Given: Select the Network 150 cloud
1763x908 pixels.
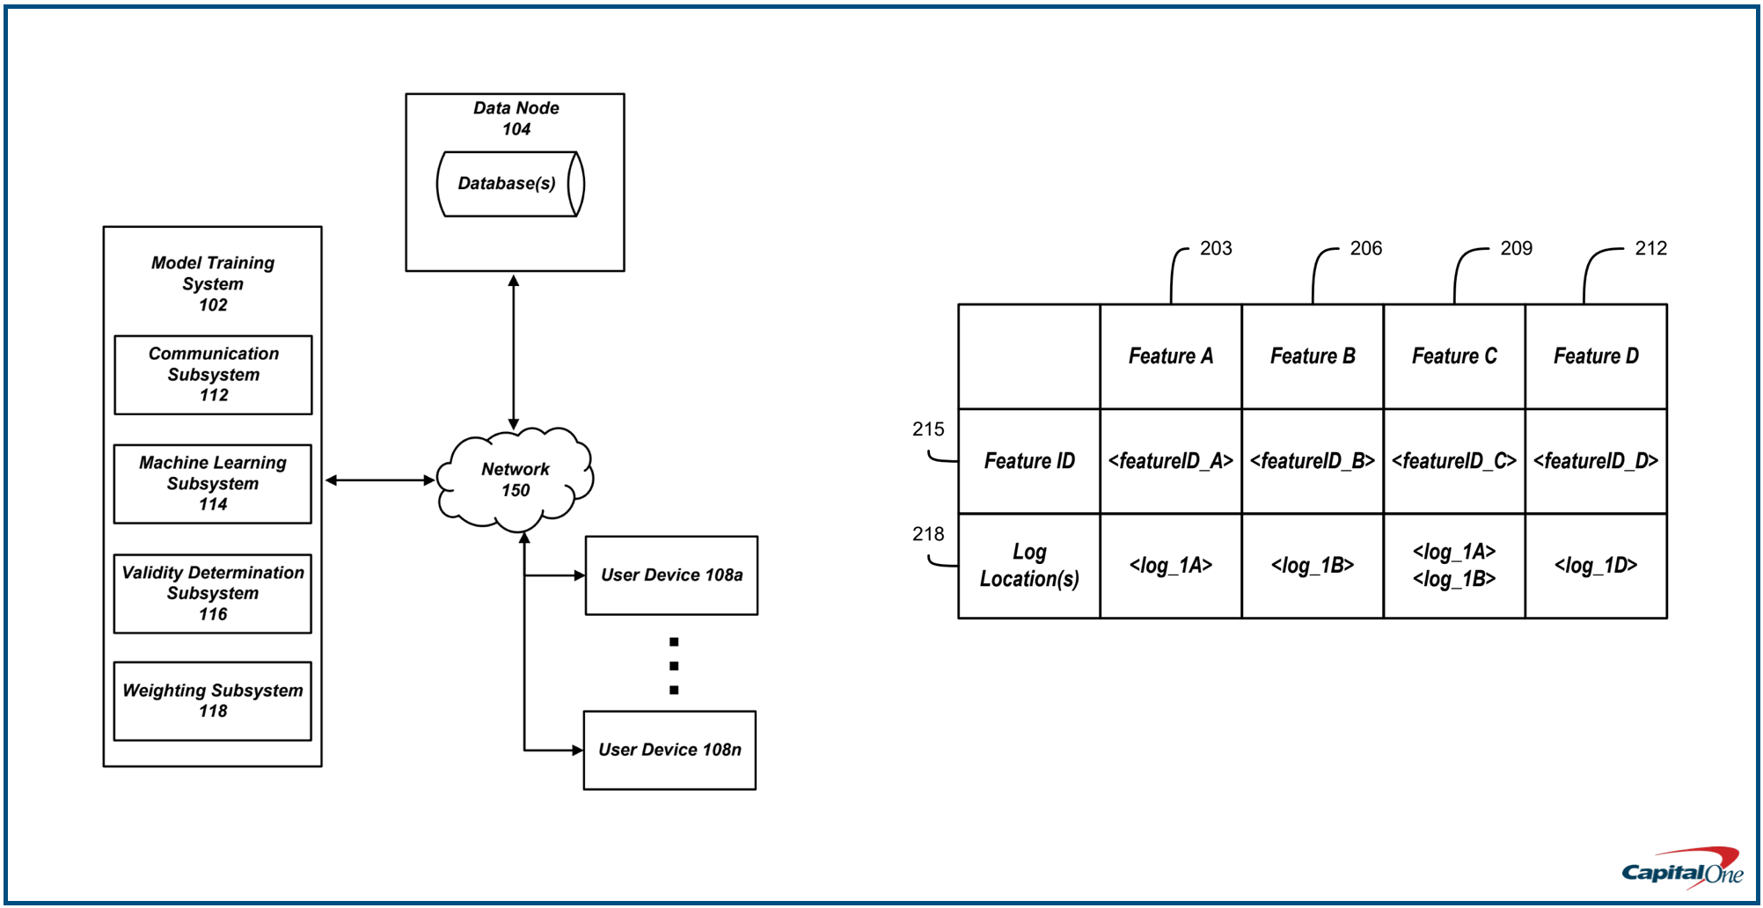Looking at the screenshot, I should [x=516, y=480].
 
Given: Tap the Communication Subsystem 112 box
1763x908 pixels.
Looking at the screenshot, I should [x=213, y=375].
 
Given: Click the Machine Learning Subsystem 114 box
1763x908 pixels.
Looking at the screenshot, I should [x=213, y=484].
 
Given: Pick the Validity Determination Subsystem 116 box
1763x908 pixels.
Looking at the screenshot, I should [x=213, y=594].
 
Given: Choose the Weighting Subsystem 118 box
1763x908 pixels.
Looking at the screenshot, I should [x=213, y=701].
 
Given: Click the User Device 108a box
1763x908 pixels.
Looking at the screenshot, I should [x=671, y=575].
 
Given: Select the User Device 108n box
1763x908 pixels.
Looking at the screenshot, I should [x=669, y=751].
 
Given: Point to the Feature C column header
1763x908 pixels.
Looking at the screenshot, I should [x=1453, y=356].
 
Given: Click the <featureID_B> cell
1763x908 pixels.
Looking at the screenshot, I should [x=1312, y=461].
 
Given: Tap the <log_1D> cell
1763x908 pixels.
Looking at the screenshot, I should [x=1595, y=566].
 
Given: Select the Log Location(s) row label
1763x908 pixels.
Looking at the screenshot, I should [x=1028, y=566].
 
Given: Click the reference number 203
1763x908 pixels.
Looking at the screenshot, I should [x=1216, y=249].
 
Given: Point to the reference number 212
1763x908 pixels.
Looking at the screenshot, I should [x=1650, y=249].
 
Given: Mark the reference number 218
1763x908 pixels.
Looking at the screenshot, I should [x=928, y=534].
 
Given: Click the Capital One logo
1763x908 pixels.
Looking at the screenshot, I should [x=1682, y=869].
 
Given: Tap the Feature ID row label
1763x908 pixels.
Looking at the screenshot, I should [x=1028, y=461].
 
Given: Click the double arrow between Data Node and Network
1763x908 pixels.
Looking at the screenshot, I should [x=514, y=352].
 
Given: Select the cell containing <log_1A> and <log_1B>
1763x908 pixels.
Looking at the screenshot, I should [x=1453, y=566].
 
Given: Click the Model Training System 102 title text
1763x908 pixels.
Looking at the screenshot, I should [x=213, y=284].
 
